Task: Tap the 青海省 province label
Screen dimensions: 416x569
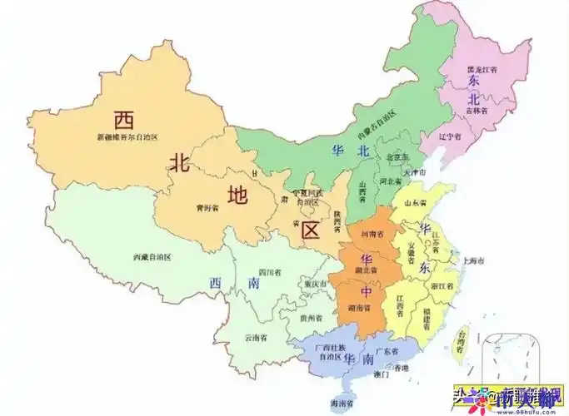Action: (199, 209)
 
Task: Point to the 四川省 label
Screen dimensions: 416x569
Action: (269, 272)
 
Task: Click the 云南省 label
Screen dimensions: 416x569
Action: (255, 338)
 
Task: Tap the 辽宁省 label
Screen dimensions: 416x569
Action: (451, 136)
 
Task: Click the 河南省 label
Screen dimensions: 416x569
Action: (374, 235)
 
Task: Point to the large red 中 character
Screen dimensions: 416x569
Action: (366, 292)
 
